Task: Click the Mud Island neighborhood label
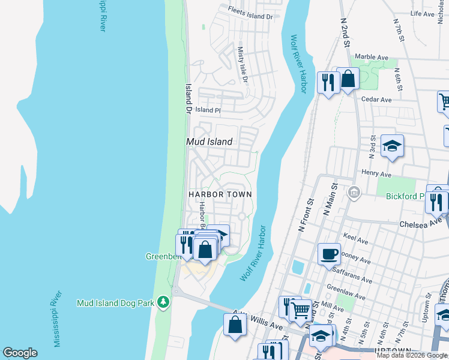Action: [209, 142]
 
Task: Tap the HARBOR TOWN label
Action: [220, 194]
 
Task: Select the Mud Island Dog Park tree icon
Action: [163, 302]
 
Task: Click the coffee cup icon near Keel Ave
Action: [329, 253]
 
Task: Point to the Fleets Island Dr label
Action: [250, 13]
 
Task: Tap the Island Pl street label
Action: [208, 110]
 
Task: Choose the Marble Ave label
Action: [372, 57]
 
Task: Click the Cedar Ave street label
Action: [376, 100]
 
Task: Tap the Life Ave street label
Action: [422, 14]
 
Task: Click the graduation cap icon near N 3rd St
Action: [392, 146]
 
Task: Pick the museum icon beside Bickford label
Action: [354, 192]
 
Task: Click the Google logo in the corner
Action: [20, 353]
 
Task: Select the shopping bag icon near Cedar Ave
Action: [348, 79]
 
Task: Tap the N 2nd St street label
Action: [345, 27]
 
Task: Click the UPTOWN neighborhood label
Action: [392, 351]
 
